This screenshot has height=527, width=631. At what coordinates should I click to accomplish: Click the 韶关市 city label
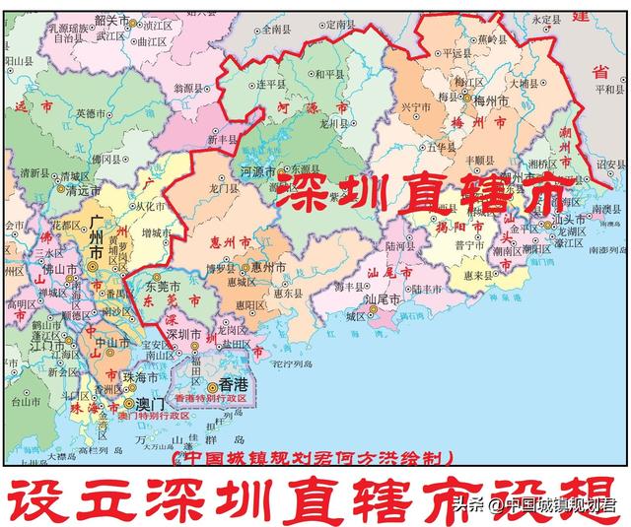point(109,20)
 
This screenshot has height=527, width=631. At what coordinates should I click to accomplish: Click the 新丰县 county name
point(224,140)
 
